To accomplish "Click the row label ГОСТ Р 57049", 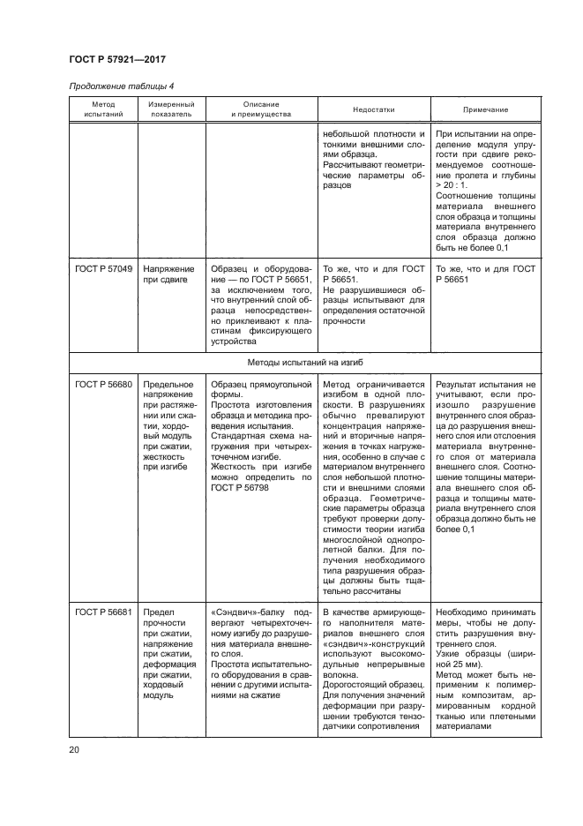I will pyautogui.click(x=103, y=268).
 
